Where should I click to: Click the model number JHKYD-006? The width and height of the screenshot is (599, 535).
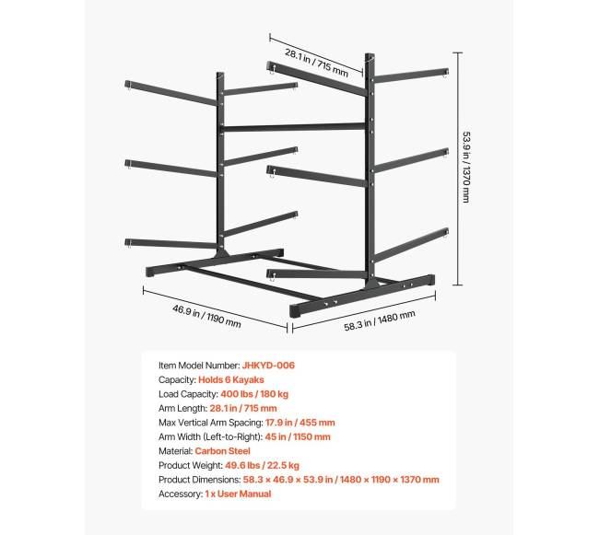pyautogui.click(x=268, y=366)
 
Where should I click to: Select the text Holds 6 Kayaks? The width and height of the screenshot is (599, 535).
pyautogui.click(x=231, y=379)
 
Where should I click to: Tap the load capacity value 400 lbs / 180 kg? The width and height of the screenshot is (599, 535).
pyautogui.click(x=254, y=394)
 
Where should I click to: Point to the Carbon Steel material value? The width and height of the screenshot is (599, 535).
pyautogui.click(x=222, y=451)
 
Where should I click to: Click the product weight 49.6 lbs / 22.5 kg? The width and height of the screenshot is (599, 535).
pyautogui.click(x=262, y=465)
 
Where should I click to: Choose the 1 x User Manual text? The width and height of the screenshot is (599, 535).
pyautogui.click(x=238, y=494)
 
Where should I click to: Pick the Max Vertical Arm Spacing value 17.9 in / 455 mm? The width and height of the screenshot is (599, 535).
pyautogui.click(x=300, y=423)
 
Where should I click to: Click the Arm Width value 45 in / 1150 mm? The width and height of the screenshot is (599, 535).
pyautogui.click(x=298, y=436)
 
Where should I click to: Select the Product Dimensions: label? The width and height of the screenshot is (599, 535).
pyautogui.click(x=199, y=480)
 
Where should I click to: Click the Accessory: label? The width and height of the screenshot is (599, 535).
pyautogui.click(x=181, y=494)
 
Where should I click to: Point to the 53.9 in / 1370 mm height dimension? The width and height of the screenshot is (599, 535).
pyautogui.click(x=467, y=168)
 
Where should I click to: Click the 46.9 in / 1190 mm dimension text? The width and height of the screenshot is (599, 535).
pyautogui.click(x=206, y=316)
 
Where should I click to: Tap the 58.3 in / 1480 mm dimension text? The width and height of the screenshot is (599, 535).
pyautogui.click(x=380, y=321)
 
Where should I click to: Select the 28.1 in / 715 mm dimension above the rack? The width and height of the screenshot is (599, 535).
pyautogui.click(x=317, y=63)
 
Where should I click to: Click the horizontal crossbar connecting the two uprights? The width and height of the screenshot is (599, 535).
pyautogui.click(x=293, y=127)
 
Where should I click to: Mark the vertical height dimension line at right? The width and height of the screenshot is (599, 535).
pyautogui.click(x=457, y=169)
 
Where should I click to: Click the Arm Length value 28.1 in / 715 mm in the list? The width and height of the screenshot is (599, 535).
pyautogui.click(x=243, y=408)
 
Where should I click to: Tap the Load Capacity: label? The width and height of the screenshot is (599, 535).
pyautogui.click(x=188, y=394)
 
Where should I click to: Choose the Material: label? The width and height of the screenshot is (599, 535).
pyautogui.click(x=176, y=451)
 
